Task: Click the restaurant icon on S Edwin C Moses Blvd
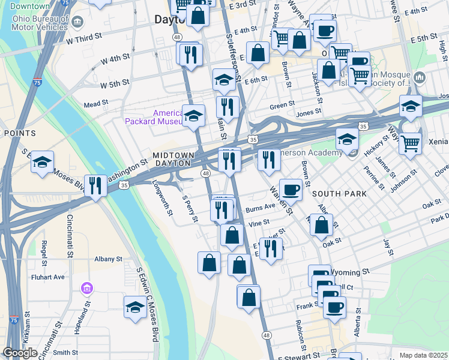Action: tap(95, 185)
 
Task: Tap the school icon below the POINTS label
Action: tap(43, 162)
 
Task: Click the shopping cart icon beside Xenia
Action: tap(411, 143)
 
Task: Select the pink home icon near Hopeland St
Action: tap(87, 289)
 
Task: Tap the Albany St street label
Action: tap(108, 259)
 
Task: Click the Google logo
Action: tap(20, 353)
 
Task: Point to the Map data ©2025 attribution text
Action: tap(423, 356)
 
